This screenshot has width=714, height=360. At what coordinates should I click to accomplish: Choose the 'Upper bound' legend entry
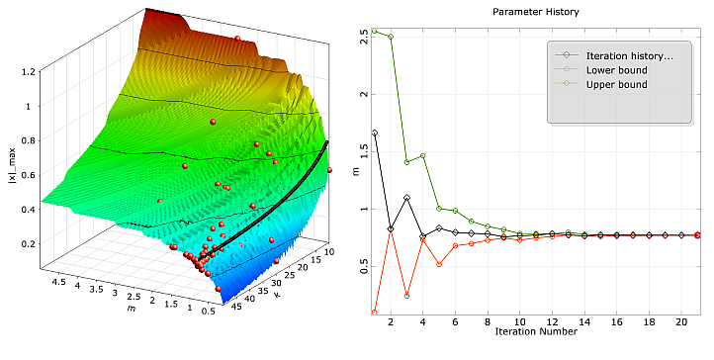[613, 85]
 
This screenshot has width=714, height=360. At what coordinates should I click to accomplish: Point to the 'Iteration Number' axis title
[536, 331]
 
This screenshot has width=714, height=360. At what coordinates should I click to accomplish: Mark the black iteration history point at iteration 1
[375, 133]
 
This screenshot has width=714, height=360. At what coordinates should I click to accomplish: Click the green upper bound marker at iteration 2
[391, 37]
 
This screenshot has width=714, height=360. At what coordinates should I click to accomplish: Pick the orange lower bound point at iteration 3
[407, 296]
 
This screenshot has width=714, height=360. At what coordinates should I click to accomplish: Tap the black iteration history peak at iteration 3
[407, 198]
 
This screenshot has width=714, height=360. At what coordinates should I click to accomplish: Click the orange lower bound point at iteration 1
[375, 313]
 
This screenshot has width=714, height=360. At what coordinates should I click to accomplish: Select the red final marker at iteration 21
[698, 235]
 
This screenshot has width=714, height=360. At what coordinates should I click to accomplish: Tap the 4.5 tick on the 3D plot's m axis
[59, 281]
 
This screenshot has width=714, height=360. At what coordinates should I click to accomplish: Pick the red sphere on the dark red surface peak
[238, 39]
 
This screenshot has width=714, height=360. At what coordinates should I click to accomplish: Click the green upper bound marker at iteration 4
[423, 155]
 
